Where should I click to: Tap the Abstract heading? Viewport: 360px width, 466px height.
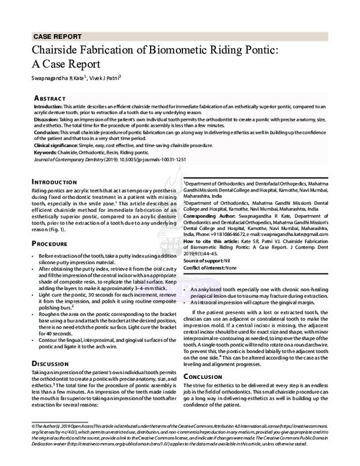pos(51,97)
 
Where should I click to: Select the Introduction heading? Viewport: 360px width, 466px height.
pos(57,181)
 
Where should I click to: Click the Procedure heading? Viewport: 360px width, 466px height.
pos(52,244)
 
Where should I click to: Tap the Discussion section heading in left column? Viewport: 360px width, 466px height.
pos(53,363)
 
